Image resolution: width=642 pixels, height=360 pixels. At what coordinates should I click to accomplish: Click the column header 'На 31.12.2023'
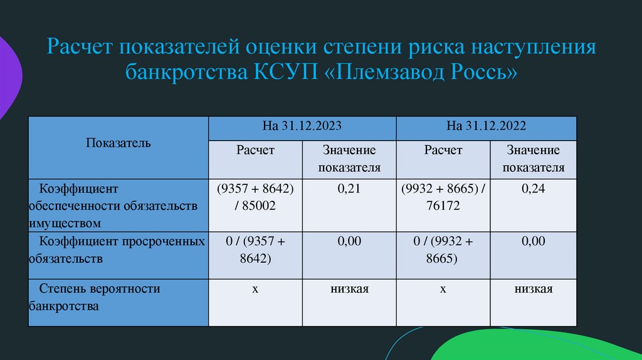(x=302, y=125)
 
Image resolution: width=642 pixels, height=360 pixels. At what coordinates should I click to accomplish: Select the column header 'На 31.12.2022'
(x=487, y=125)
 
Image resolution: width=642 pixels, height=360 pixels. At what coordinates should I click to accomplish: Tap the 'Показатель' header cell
(x=118, y=143)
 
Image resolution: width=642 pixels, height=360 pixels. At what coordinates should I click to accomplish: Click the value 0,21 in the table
(x=349, y=188)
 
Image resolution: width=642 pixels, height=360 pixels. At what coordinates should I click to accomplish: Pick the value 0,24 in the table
(x=533, y=188)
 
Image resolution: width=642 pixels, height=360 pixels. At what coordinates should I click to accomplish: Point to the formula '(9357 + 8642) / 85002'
(x=255, y=196)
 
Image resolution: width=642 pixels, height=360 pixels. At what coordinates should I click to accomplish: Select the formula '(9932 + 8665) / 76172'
(x=443, y=196)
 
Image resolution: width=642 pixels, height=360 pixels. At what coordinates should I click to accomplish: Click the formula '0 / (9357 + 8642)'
(x=255, y=250)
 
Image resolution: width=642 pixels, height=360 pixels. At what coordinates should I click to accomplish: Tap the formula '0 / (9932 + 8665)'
(x=443, y=250)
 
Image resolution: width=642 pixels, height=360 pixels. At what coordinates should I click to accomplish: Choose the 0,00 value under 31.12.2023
(x=349, y=241)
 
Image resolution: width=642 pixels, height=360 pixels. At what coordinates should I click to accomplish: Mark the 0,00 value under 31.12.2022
(x=533, y=241)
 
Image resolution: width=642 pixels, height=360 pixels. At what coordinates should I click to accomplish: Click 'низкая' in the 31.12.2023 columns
(x=349, y=289)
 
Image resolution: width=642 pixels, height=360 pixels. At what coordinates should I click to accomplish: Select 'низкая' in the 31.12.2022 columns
(x=533, y=289)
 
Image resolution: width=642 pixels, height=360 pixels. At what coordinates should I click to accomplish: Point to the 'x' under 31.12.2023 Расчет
(x=255, y=289)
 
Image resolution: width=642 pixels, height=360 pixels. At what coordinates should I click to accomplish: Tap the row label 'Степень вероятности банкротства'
(x=94, y=298)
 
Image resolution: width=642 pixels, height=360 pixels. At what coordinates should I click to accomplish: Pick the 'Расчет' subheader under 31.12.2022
(x=443, y=151)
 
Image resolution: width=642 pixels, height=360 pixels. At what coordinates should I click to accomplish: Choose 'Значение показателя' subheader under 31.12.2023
(x=349, y=159)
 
